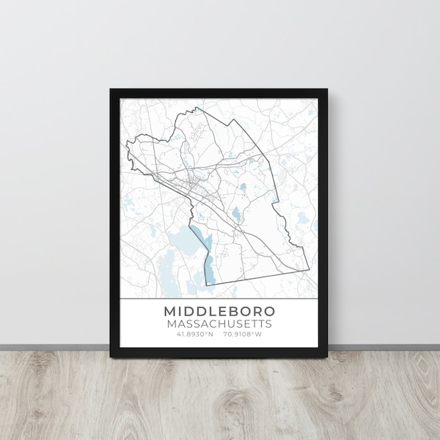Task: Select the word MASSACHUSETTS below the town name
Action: pyautogui.click(x=219, y=323)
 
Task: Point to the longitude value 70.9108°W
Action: pyautogui.click(x=244, y=334)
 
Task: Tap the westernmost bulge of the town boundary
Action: pyautogui.click(x=127, y=144)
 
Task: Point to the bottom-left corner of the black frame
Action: pyautogui.click(x=111, y=357)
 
